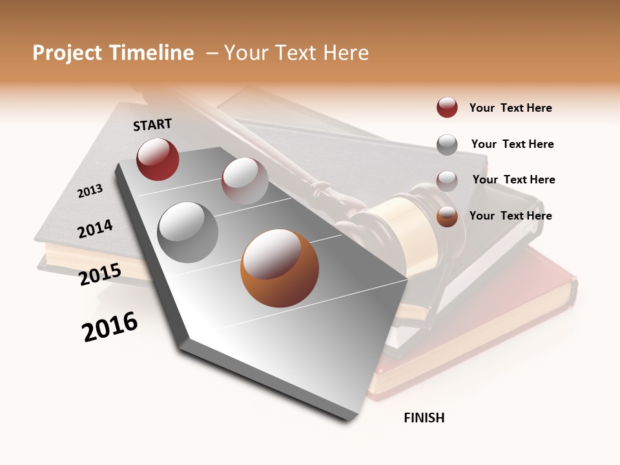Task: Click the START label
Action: (152, 125)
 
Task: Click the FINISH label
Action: (424, 418)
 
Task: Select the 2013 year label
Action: (90, 191)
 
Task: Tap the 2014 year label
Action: (95, 229)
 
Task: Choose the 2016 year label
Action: (110, 327)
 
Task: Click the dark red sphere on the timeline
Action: (158, 159)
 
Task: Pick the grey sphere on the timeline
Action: (188, 232)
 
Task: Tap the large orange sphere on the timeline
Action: (279, 268)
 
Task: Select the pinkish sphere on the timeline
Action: (245, 181)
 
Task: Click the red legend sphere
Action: (447, 107)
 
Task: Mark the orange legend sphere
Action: (447, 216)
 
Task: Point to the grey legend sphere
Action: (447, 145)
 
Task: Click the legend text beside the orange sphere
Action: (510, 216)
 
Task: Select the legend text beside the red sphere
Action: (510, 108)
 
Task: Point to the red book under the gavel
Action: (491, 336)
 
